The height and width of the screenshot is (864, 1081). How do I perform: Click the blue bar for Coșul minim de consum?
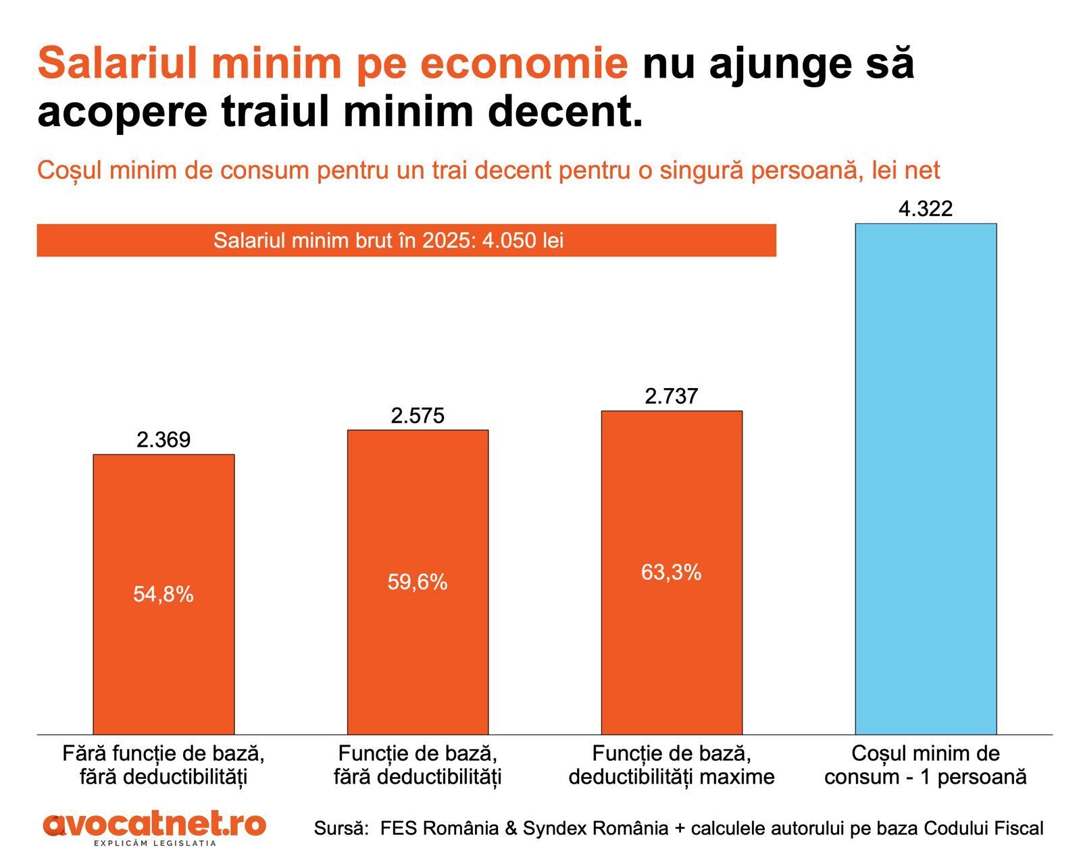926,479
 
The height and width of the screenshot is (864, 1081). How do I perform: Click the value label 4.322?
926,209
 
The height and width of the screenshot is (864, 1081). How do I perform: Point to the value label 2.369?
164,440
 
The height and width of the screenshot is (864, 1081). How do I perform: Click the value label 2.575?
418,416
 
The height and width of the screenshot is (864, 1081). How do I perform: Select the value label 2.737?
672,396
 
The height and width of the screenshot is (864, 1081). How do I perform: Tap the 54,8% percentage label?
164,594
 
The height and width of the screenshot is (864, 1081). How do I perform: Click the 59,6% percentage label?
418,582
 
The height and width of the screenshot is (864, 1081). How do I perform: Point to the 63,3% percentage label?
672,572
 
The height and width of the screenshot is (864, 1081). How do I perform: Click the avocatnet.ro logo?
155,828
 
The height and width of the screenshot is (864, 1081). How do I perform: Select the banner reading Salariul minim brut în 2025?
406,240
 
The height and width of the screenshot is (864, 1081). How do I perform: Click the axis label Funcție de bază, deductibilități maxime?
672,765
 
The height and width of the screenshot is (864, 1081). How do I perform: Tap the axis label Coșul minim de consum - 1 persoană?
926,765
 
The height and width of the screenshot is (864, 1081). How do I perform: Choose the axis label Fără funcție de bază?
164,765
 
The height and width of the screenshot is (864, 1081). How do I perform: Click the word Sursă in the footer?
340,828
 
